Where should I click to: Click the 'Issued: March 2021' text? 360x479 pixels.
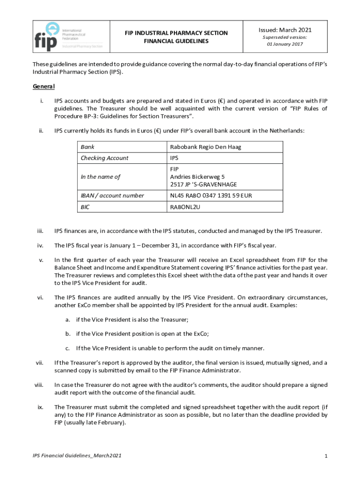point(285,29)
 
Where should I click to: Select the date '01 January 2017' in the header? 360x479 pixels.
point(285,44)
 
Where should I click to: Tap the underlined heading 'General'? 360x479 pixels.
point(43,87)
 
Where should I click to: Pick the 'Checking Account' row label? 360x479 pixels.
point(104,158)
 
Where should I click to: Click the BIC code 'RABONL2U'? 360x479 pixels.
point(185,207)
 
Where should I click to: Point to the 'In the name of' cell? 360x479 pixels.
point(101,177)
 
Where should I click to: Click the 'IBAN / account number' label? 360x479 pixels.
point(112,196)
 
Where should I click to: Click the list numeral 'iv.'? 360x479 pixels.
point(40,245)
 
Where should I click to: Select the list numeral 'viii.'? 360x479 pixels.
point(39,385)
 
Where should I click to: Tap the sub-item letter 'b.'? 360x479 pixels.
point(68,334)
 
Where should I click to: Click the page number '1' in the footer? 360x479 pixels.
point(325,456)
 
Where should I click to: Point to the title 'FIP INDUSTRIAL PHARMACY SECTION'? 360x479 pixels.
point(176,33)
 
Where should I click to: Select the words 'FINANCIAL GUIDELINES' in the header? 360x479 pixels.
point(176,41)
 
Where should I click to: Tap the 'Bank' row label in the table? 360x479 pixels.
point(87,147)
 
